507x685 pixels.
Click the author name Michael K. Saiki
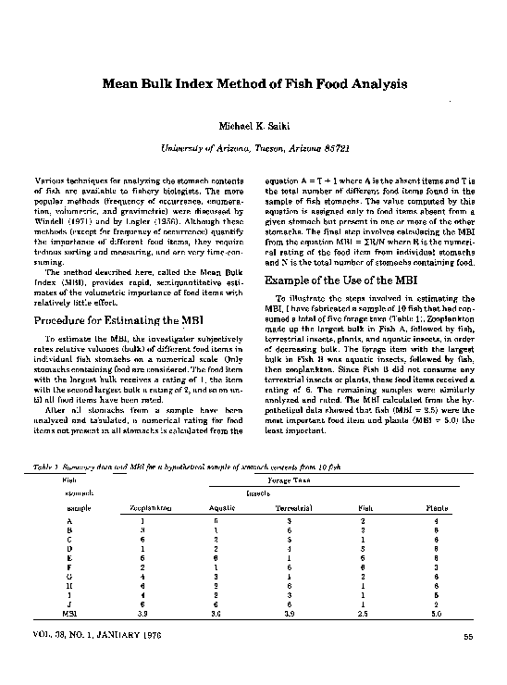(x=253, y=125)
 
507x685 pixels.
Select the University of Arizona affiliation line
(x=253, y=147)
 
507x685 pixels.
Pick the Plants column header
(x=437, y=509)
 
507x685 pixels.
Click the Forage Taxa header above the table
(x=293, y=480)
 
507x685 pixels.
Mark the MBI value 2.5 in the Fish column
(x=367, y=613)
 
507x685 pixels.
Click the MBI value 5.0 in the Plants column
(x=437, y=613)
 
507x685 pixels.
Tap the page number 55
(x=468, y=634)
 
